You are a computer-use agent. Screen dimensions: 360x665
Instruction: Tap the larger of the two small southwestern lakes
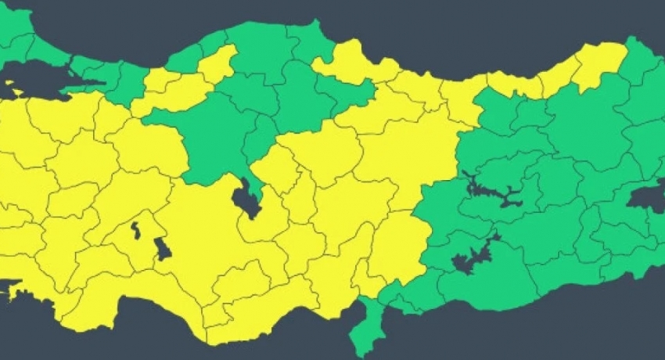tap(163, 249)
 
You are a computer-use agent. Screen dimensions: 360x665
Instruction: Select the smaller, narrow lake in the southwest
tap(135, 231)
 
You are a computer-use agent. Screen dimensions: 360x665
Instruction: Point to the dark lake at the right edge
tap(648, 200)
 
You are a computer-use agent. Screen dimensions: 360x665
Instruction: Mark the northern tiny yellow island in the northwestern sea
tap(10, 82)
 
